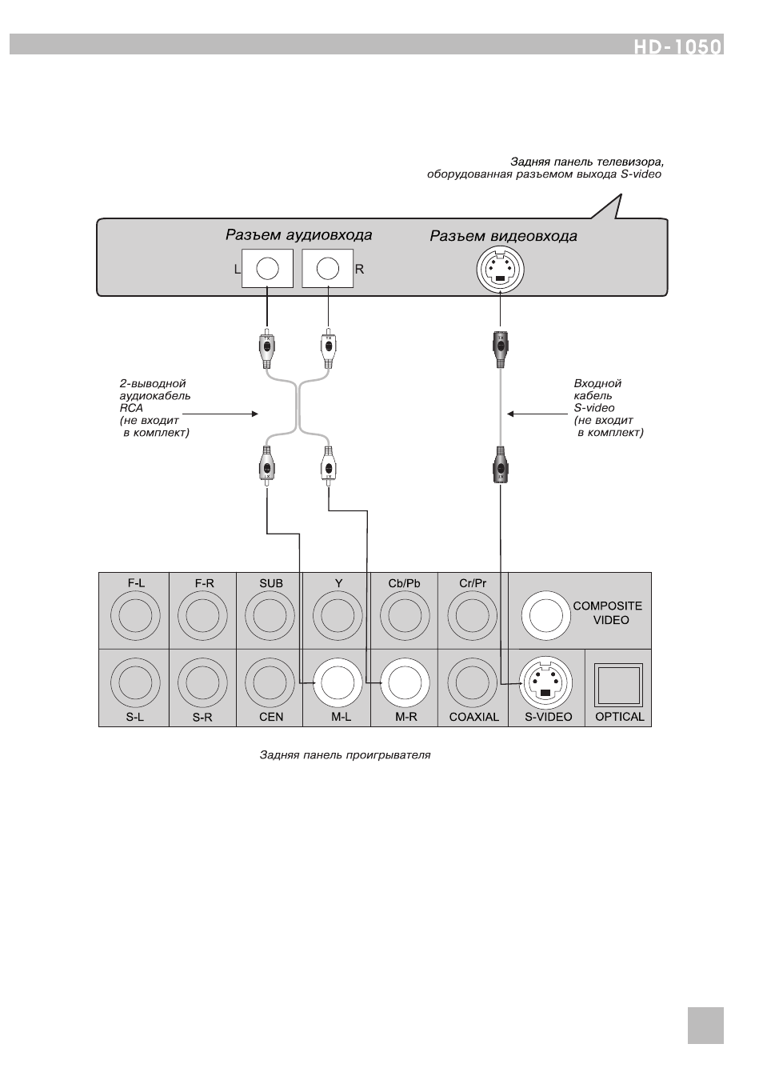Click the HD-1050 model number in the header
[x=677, y=46]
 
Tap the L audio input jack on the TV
[x=267, y=268]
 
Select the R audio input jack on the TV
[x=328, y=268]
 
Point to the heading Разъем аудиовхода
[x=299, y=235]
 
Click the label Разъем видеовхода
[x=503, y=236]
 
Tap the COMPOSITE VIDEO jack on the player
[x=545, y=615]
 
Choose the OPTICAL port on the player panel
[x=618, y=685]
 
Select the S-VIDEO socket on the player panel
[x=545, y=682]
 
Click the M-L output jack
[x=338, y=682]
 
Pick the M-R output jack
[x=405, y=682]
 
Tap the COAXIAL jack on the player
[x=472, y=682]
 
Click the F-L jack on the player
[x=135, y=616]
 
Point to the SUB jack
[x=270, y=616]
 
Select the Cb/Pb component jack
[x=405, y=616]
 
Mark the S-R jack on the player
[x=202, y=682]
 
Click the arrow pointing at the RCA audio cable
[x=220, y=414]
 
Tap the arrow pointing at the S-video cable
[x=538, y=414]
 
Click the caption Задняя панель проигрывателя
[x=345, y=755]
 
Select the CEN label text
[x=271, y=717]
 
